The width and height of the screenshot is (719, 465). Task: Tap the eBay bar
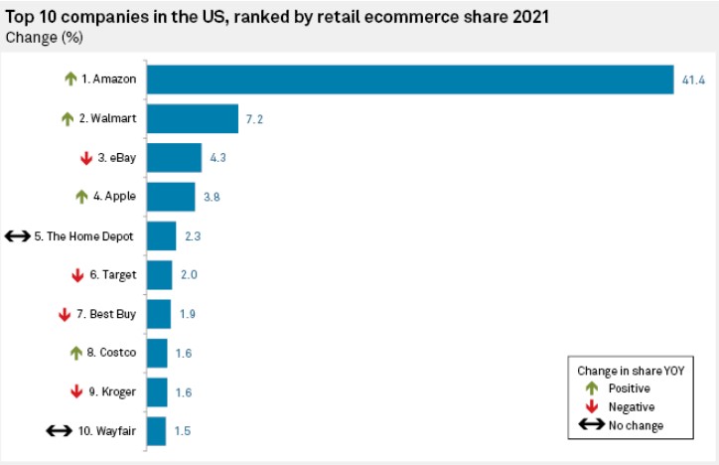174,158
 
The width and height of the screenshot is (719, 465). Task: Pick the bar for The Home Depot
161,236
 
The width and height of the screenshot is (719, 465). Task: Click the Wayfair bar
156,431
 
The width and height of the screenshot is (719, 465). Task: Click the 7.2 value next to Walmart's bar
255,119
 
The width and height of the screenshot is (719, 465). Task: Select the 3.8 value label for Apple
211,197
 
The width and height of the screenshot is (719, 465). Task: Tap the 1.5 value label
182,431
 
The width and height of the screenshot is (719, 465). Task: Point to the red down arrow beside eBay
85,158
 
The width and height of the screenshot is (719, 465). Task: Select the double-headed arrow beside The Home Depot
18,236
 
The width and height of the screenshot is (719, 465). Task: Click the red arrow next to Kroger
76,391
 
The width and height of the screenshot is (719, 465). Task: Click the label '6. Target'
111,275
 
